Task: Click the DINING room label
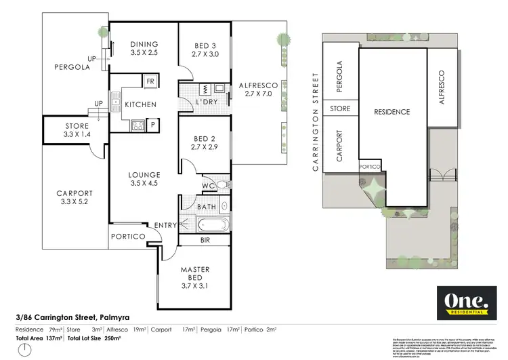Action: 143,44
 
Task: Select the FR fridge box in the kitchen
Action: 150,82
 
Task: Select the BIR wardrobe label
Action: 204,240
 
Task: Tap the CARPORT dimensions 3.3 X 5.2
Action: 75,202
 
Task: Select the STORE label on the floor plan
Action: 77,125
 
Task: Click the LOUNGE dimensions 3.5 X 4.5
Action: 143,182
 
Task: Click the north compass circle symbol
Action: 24,351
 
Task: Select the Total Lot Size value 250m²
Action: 112,338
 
